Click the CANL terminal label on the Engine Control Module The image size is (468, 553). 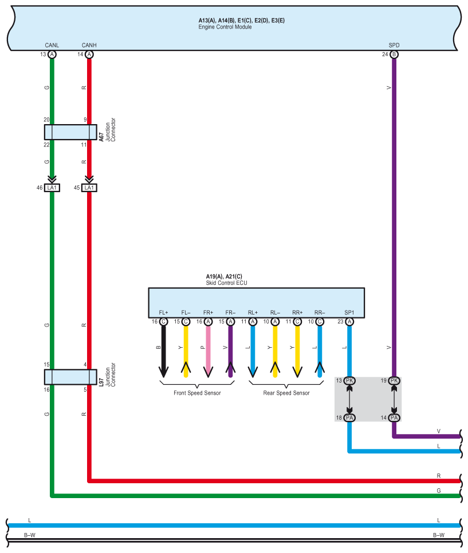52,45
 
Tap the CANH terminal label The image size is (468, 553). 89,45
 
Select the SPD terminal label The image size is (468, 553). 394,45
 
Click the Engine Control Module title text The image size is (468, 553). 225,27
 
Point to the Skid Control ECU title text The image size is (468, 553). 226,283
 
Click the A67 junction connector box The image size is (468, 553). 70,132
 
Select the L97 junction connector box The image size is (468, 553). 70,377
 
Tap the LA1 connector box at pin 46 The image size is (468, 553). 52,188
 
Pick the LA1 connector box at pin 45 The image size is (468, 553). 89,188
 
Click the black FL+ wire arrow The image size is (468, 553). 163,351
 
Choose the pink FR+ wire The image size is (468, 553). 208,351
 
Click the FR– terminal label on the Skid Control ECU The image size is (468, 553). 230,312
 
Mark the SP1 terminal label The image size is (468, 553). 349,312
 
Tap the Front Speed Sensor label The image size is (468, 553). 197,393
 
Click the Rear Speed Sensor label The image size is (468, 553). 286,393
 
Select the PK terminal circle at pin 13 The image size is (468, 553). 349,380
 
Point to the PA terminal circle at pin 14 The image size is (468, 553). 394,417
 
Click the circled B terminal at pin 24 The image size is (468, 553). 394,54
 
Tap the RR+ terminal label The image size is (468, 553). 297,312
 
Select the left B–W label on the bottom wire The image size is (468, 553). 30,535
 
